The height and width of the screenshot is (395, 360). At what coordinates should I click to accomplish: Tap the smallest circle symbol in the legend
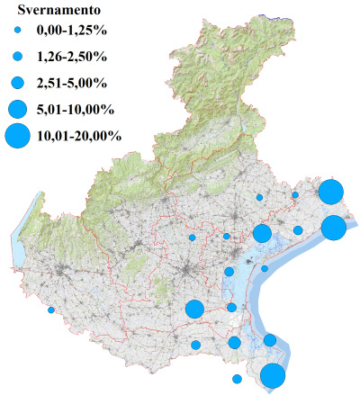click(x=17, y=31)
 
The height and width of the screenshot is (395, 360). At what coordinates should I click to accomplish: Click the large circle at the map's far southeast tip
click(x=274, y=376)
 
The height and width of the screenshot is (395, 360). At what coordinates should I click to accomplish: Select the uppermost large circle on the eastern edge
click(x=330, y=193)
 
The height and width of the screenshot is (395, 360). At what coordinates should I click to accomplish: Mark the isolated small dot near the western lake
click(x=51, y=310)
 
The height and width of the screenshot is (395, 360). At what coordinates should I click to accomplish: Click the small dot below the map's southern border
click(x=237, y=379)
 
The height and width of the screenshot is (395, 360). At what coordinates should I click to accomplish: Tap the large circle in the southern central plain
click(x=193, y=310)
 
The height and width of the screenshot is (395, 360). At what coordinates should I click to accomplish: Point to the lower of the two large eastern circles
click(x=333, y=228)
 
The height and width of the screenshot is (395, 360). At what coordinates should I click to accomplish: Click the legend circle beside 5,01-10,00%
click(x=17, y=109)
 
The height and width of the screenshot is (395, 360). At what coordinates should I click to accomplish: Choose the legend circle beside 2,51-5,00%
click(x=17, y=83)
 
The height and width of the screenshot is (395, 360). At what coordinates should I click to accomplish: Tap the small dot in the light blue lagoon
click(x=265, y=268)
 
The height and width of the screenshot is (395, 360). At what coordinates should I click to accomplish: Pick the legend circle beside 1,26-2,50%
click(x=17, y=57)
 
